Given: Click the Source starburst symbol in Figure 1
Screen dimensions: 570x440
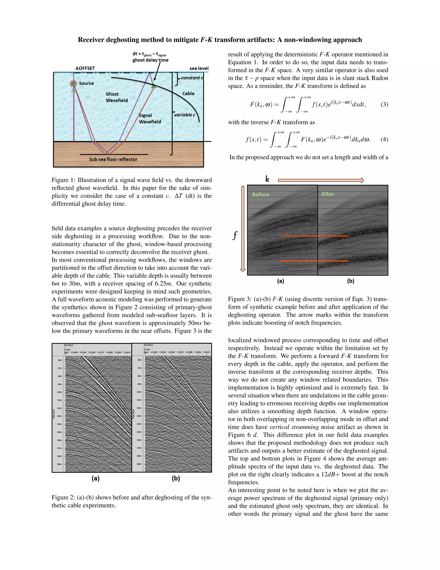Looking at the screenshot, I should (x=73, y=83).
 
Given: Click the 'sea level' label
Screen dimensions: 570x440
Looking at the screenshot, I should (x=199, y=68).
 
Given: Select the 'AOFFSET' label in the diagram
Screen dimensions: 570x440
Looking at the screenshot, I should (x=85, y=68).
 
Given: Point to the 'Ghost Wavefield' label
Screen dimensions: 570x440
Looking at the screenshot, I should (x=116, y=97).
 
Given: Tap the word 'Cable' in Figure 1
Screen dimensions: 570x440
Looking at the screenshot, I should (x=188, y=93).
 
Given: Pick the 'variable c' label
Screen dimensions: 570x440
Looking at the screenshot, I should (x=184, y=115).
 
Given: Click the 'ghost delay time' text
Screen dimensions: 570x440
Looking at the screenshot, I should (x=150, y=60).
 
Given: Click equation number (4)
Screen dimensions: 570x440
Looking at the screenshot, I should (x=384, y=139).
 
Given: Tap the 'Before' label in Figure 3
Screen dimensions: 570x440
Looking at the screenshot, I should (x=260, y=194).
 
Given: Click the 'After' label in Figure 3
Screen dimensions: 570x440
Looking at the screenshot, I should (x=327, y=194).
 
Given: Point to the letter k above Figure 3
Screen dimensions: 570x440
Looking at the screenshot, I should (x=267, y=179).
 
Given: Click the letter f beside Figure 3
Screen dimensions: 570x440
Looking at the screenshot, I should (x=235, y=235).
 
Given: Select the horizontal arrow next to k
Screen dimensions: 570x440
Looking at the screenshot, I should (x=321, y=180).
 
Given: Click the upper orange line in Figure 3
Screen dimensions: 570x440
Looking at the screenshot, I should (x=314, y=236).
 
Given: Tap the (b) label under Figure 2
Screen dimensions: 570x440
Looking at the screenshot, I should (x=176, y=478).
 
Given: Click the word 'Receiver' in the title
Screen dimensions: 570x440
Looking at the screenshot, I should (x=91, y=40).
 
